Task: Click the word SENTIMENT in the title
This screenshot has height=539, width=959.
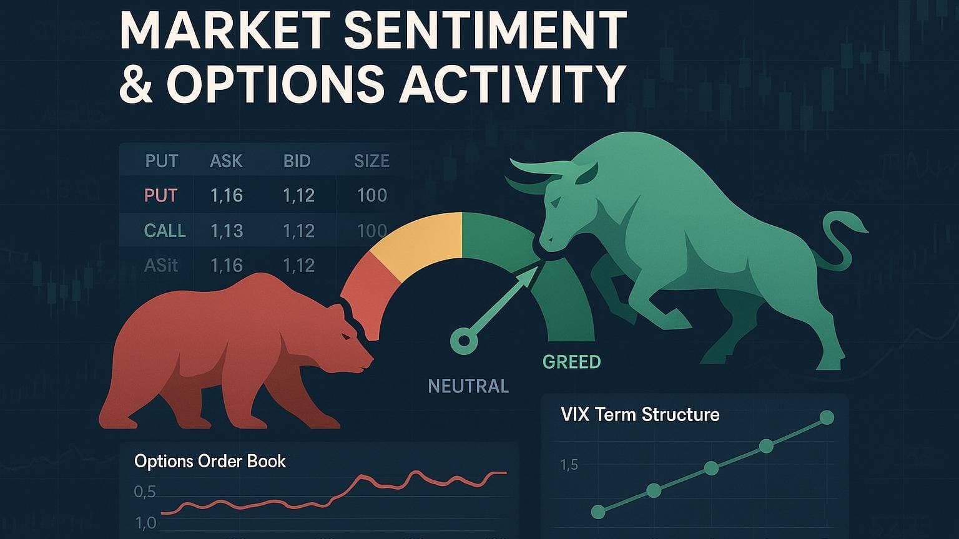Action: click(486, 31)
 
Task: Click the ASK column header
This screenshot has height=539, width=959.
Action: click(226, 162)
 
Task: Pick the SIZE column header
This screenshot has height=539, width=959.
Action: click(371, 162)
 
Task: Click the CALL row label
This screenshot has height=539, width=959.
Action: click(165, 231)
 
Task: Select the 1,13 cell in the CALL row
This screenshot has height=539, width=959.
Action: click(227, 231)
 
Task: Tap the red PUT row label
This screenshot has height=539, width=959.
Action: click(161, 195)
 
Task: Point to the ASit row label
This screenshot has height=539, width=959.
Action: click(161, 266)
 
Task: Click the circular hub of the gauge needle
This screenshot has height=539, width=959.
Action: click(464, 341)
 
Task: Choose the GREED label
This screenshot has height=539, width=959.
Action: click(571, 362)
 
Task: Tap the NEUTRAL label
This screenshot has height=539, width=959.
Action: click(468, 387)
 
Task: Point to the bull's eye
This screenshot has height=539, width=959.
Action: click(555, 202)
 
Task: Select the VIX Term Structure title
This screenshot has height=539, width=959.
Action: click(639, 414)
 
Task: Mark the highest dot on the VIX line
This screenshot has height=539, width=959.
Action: click(827, 417)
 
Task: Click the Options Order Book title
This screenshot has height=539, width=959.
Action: click(210, 461)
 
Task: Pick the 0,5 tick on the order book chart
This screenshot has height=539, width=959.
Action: click(145, 492)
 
